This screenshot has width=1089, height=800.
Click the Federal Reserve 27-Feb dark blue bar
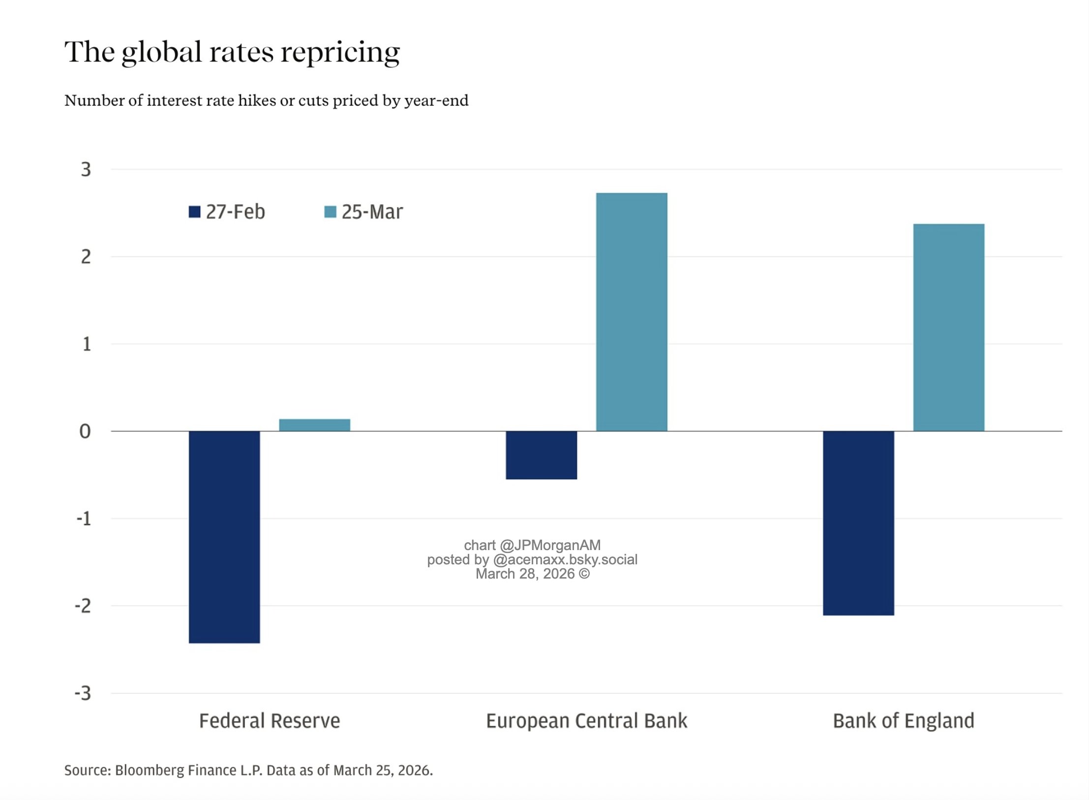coord(224,536)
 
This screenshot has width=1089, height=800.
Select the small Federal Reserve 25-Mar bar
coord(315,425)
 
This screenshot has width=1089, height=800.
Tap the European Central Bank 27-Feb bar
coord(541,455)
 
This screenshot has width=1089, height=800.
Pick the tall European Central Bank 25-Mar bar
coord(632,312)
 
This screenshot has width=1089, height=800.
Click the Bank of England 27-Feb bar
coord(858,523)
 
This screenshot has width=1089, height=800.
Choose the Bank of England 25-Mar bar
coord(949,327)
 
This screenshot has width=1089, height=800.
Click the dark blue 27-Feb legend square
coord(195,212)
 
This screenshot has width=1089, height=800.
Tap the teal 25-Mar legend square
coord(331,212)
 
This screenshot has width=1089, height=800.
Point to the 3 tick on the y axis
coord(86,170)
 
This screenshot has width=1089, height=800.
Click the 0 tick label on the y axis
coord(85,431)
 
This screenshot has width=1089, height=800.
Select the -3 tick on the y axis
coord(83,693)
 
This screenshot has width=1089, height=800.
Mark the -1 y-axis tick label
coord(84,519)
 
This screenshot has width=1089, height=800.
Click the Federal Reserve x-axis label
coord(270,721)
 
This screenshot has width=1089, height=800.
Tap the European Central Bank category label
coord(586,721)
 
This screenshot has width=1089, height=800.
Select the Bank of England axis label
coord(904,721)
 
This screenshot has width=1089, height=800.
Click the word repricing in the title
coord(340,52)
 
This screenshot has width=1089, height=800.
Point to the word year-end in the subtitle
coord(436,100)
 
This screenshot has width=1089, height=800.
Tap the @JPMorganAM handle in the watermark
coord(550,545)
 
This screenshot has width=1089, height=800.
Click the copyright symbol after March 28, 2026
coord(584,574)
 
